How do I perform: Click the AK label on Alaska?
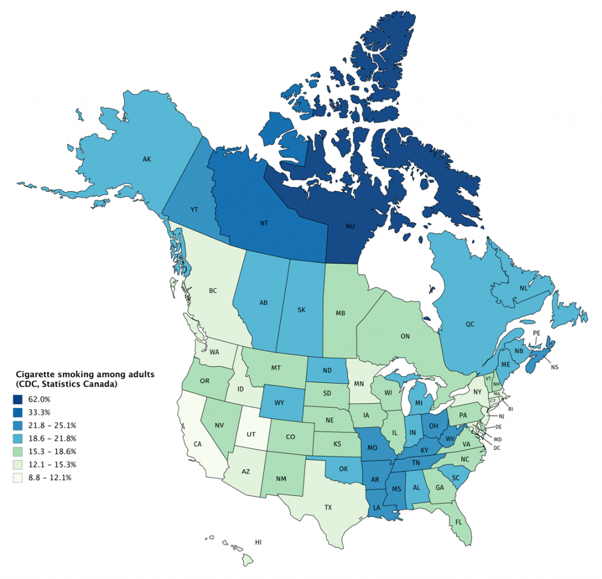pyautogui.click(x=147, y=159)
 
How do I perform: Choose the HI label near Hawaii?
pyautogui.click(x=257, y=541)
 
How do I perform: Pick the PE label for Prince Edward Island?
pyautogui.click(x=536, y=333)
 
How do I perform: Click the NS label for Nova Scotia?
pyautogui.click(x=554, y=367)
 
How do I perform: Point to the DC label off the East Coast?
pyautogui.click(x=497, y=448)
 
